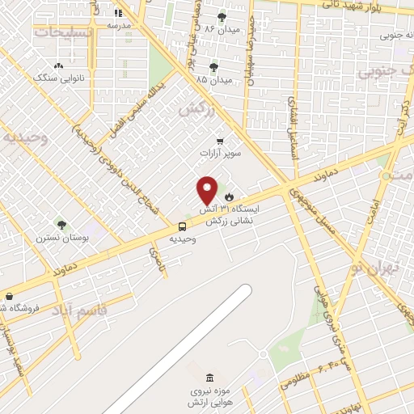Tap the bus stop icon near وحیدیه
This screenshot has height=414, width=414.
click(181, 227)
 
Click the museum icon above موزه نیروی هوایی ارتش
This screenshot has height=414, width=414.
click(210, 378)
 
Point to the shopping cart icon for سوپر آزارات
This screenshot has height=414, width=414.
click(219, 141)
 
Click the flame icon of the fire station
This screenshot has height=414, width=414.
click(230, 196)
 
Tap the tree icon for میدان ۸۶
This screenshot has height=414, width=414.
click(222, 15)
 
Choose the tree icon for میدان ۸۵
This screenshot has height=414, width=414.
click(213, 68)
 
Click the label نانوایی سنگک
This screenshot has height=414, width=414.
click(57, 78)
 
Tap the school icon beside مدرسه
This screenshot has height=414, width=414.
click(118, 12)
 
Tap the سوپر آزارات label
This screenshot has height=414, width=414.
click(220, 152)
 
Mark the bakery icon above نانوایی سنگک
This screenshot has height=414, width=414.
click(57, 66)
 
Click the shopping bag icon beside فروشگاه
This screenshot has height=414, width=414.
click(9, 296)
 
